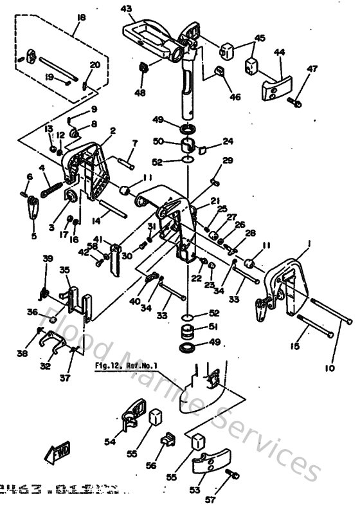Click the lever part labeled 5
click(33, 209)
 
